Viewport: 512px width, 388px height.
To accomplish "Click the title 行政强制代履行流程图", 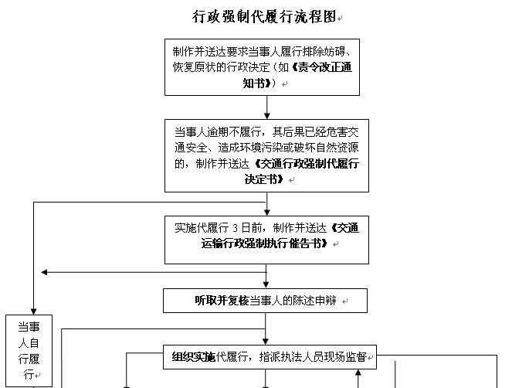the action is pos(264,16).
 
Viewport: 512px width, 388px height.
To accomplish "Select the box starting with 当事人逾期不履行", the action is pos(266,155).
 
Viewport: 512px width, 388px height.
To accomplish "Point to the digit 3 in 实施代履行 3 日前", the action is pos(235,228).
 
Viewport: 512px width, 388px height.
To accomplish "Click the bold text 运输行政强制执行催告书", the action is pos(264,243).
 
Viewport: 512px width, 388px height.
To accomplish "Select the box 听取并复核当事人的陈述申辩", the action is pos(265,301).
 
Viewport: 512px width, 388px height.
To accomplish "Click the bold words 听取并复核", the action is pos(222,301).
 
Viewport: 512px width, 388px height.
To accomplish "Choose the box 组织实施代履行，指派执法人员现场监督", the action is pos(270,357).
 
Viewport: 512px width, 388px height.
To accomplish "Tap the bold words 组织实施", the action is pos(194,357).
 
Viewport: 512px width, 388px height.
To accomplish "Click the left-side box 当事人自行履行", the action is pos(29,351).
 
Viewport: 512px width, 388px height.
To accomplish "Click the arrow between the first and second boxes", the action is pos(266,107).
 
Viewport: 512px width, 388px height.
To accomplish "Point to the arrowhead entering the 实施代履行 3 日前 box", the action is pos(266,213).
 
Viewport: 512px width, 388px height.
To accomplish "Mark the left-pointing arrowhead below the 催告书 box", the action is pos(45,272).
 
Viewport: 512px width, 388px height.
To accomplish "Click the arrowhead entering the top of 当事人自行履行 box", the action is pos(34,311).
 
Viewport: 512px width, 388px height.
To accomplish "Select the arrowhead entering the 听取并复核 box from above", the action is pos(266,285).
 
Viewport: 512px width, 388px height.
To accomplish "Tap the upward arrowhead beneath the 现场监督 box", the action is pos(358,373).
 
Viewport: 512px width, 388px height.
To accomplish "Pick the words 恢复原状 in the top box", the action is pos(194,67).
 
